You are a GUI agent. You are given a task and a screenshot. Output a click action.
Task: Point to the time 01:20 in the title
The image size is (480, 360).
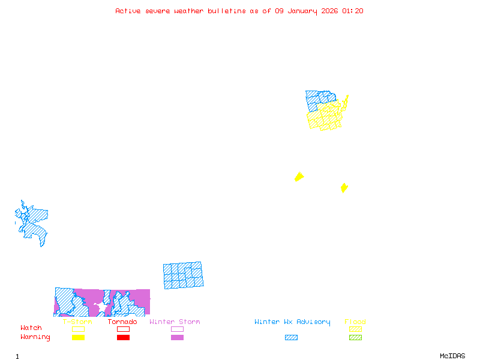[x=353, y=11]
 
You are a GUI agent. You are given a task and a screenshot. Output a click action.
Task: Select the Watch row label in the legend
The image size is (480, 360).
[x=31, y=328]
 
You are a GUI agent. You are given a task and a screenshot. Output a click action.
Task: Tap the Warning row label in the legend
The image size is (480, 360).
[x=35, y=337]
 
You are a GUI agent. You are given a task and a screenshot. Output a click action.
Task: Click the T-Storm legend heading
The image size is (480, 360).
[x=77, y=322]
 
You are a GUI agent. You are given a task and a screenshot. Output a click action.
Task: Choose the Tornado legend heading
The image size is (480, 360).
[x=122, y=322]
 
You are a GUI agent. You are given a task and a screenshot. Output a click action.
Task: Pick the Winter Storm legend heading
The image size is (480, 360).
[x=175, y=322]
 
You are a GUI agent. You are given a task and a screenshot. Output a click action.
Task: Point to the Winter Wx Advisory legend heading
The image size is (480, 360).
[x=292, y=322]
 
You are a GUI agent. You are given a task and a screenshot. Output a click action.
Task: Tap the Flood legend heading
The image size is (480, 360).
[x=355, y=322]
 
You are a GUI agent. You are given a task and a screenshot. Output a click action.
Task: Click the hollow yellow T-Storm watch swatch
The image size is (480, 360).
[x=78, y=329]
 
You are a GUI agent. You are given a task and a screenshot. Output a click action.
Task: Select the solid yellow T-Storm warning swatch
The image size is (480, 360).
[x=78, y=338]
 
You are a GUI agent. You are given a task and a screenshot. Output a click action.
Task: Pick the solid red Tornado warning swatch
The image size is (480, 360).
[x=123, y=338]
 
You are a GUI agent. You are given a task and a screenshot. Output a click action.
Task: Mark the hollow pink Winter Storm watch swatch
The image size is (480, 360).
[x=177, y=329]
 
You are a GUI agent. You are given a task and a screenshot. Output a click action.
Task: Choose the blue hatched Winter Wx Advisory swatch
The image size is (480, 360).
[x=291, y=338]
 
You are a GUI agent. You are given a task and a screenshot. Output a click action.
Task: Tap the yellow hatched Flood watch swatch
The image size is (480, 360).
[x=355, y=329]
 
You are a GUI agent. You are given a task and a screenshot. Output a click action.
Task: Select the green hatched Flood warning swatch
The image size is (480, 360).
[x=355, y=338]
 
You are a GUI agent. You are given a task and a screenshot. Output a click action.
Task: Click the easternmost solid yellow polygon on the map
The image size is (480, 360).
[x=344, y=188]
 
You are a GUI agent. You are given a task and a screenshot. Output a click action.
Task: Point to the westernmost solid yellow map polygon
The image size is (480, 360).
[x=299, y=176]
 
